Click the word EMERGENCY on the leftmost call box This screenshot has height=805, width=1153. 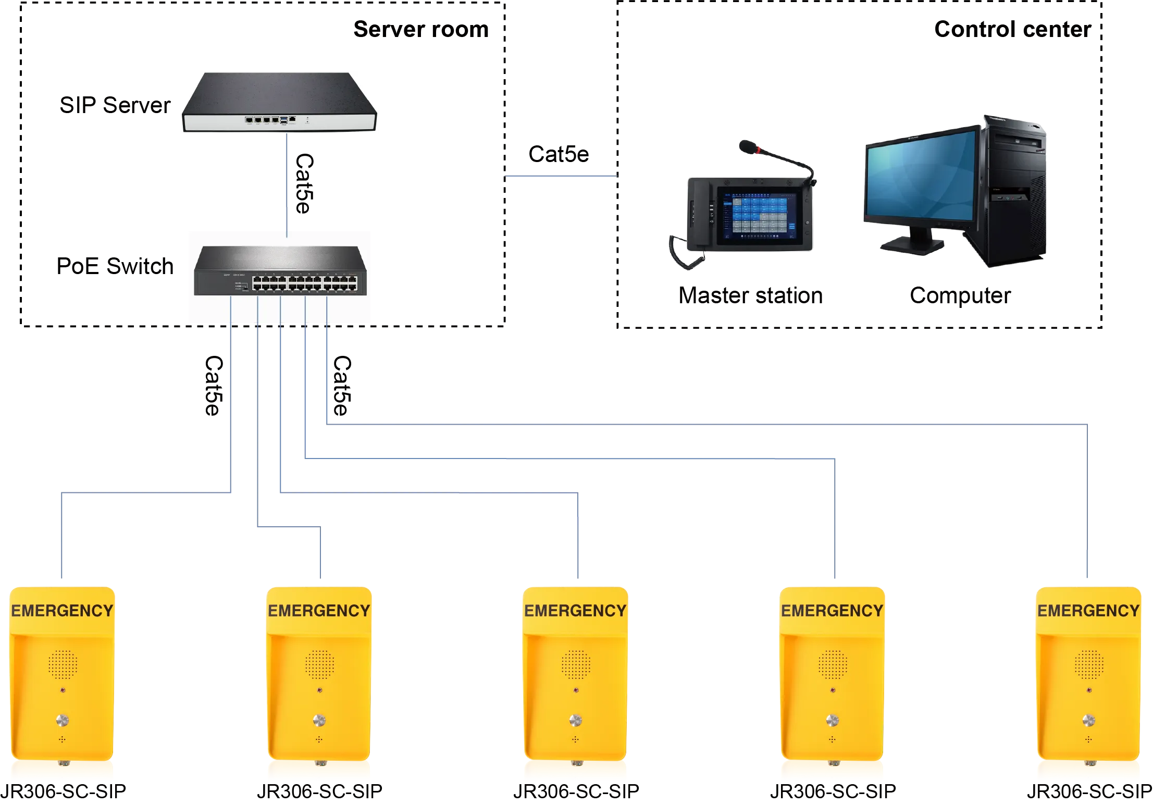point(62,611)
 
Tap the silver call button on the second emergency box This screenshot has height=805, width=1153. point(319,721)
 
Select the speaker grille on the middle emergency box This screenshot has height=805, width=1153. point(576,664)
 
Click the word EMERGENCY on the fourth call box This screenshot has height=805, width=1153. point(832,611)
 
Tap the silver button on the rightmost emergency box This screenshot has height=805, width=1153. point(1088,721)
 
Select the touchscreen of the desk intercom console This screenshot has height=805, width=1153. point(758,215)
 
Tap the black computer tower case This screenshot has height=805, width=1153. point(1013,193)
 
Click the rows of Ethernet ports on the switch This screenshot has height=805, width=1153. point(305,283)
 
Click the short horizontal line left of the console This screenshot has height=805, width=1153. point(561,177)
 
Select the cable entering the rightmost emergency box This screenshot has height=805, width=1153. point(1086,521)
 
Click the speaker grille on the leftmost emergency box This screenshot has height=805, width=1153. point(63,664)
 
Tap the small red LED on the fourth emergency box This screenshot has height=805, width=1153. point(833,690)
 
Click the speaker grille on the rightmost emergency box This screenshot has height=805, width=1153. point(1089,664)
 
